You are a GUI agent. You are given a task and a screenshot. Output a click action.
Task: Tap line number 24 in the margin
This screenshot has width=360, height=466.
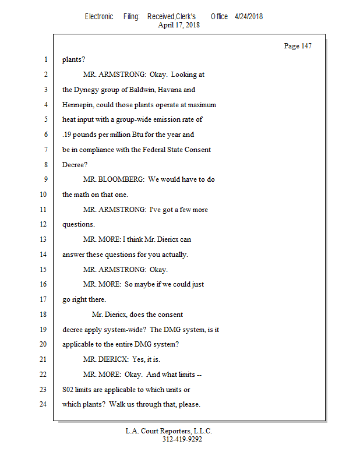43,404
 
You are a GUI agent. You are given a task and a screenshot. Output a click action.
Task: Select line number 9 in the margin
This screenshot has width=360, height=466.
45,179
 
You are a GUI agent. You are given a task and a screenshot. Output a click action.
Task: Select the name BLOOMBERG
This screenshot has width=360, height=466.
122,179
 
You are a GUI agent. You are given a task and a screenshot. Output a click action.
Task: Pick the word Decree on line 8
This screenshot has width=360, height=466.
73,165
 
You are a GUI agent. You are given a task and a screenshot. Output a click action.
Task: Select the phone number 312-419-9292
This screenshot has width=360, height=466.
182,440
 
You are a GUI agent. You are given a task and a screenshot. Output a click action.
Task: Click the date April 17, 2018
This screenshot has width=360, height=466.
179,25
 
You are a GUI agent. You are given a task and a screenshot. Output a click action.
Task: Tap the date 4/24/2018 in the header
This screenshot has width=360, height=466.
249,16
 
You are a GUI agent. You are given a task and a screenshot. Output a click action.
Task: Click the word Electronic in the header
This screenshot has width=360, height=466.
99,16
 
